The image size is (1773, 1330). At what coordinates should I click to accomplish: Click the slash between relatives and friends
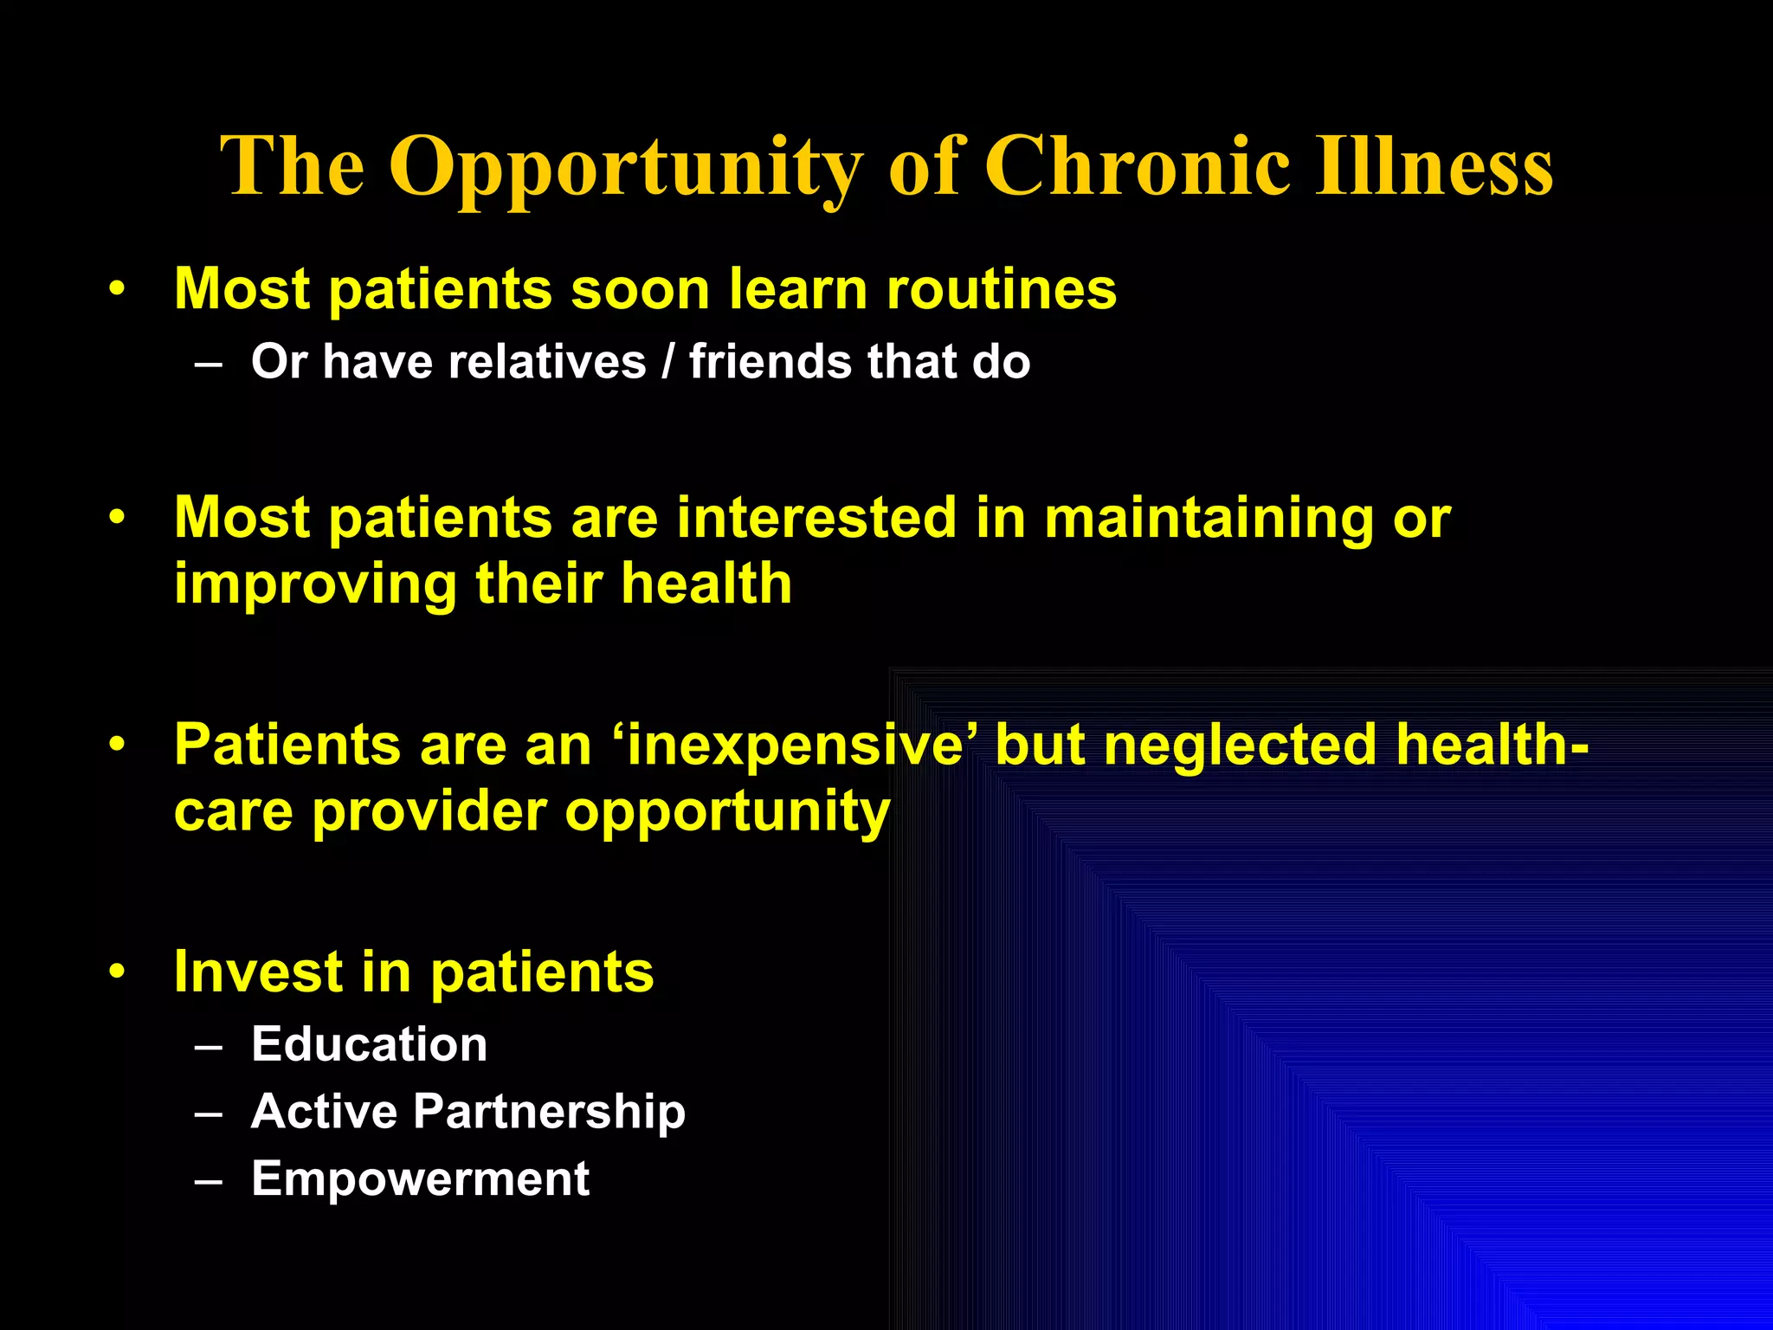pyautogui.click(x=667, y=361)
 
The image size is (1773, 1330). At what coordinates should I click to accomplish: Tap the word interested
pyautogui.click(x=816, y=518)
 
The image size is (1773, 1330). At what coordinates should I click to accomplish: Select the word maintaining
pyautogui.click(x=1209, y=518)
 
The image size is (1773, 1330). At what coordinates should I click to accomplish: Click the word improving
pyautogui.click(x=314, y=584)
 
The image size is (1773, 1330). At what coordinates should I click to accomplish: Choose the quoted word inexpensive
pyautogui.click(x=796, y=745)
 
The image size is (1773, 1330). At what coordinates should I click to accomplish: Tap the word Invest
pyautogui.click(x=258, y=972)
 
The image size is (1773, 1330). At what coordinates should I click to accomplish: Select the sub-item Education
pyautogui.click(x=369, y=1044)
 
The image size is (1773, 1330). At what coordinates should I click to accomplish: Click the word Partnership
pyautogui.click(x=549, y=1112)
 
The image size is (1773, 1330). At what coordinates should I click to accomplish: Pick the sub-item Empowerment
pyautogui.click(x=420, y=1178)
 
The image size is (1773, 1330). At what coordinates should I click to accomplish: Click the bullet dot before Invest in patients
pyautogui.click(x=118, y=972)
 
